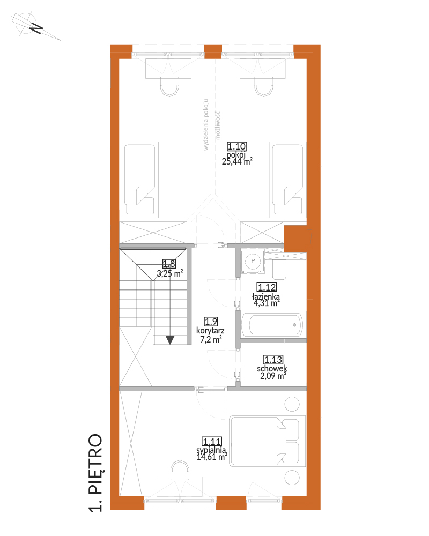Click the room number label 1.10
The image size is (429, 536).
click(x=236, y=147)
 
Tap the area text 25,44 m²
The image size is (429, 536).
click(x=237, y=161)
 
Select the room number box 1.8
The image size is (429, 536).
click(x=169, y=264)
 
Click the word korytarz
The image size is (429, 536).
click(x=210, y=331)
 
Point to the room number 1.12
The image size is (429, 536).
click(x=267, y=287)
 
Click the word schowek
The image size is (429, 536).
click(x=272, y=369)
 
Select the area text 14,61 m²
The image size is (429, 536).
click(x=212, y=457)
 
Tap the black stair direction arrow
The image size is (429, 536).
click(x=170, y=340)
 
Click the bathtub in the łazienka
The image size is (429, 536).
click(x=273, y=324)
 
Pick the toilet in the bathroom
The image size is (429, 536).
click(x=279, y=269)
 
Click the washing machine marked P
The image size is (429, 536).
click(x=253, y=262)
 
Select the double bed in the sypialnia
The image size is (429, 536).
click(x=267, y=441)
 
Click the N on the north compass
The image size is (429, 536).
click(x=35, y=28)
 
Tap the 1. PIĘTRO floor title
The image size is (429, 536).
click(x=95, y=473)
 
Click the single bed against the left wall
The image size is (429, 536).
click(x=140, y=180)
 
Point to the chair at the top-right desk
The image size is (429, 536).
click(x=264, y=86)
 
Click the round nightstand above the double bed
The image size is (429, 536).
click(x=292, y=404)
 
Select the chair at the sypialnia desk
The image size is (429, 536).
click(x=180, y=470)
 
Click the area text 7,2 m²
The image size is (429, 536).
click(x=211, y=339)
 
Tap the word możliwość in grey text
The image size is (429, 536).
click(x=218, y=125)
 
